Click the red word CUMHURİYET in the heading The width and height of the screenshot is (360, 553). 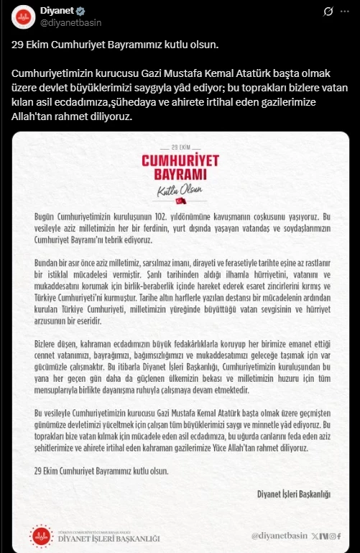(180, 160)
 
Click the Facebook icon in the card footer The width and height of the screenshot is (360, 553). (337, 536)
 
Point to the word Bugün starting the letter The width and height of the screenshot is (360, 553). (45, 216)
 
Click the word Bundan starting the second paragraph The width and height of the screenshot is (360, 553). (47, 265)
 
